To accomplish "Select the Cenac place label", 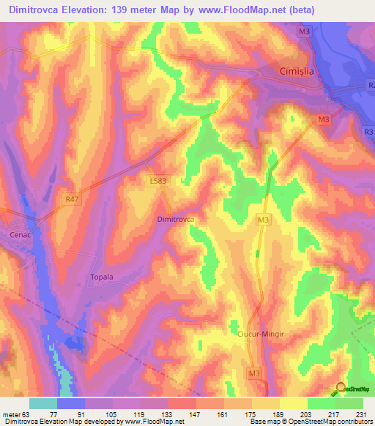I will pos(21,235).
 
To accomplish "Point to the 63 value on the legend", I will pos(27,414).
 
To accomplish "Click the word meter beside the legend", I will pos(11,414).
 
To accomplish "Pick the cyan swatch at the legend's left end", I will pos(43,403).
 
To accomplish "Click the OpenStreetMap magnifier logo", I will pos(340,387).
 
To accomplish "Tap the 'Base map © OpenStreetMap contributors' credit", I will pos(310,422).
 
